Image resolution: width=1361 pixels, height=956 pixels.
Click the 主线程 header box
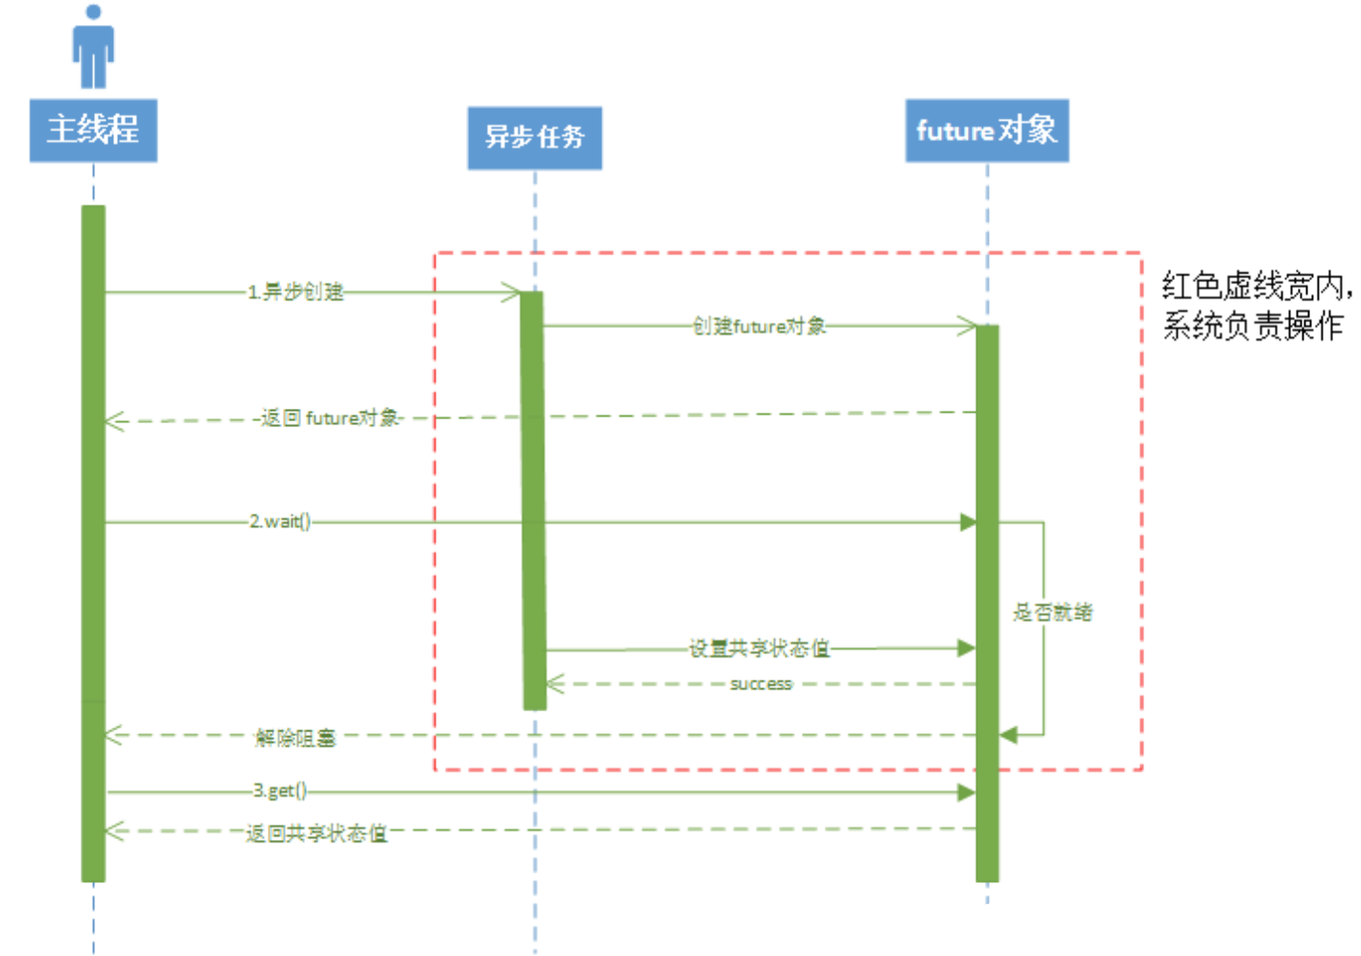coord(93,130)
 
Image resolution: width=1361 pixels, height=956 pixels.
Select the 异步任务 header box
coord(534,137)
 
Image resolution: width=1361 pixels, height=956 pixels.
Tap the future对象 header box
coord(986,130)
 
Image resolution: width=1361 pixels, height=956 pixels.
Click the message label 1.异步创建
coord(295,292)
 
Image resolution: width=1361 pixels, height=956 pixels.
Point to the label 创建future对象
coord(759,326)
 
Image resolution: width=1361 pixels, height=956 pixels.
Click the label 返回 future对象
coord(330,418)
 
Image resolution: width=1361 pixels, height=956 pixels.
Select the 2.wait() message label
coord(280,521)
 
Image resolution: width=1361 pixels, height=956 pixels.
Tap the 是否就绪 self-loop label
coord(1052,612)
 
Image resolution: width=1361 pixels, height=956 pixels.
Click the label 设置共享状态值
coord(759,649)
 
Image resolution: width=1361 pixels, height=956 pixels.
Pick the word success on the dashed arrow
coord(761,684)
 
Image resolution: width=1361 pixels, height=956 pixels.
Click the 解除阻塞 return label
coord(295,737)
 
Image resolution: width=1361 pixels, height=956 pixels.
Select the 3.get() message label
coord(280,791)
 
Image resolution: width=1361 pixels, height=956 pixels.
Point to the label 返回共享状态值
coord(317,833)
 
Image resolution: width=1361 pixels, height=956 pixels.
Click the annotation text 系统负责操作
coord(1252,326)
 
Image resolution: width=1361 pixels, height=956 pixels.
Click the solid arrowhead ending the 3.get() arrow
coord(967,792)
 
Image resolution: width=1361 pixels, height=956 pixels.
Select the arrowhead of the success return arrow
coord(554,684)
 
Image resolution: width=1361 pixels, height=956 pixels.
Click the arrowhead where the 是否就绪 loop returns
coord(1007,735)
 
